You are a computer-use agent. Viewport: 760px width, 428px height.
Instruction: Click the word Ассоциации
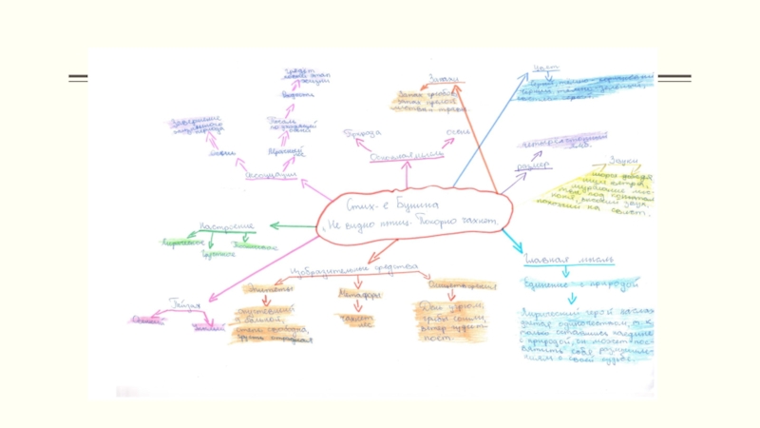pos(272,176)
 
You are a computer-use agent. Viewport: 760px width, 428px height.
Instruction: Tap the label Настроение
pos(226,226)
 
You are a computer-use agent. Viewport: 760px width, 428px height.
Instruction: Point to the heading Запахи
pos(445,79)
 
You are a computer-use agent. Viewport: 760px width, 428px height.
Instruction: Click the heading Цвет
pos(545,68)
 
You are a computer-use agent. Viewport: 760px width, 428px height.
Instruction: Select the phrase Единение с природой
pos(579,283)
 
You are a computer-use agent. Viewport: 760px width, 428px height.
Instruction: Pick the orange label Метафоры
pos(359,295)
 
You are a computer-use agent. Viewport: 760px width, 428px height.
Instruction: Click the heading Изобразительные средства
pos(355,269)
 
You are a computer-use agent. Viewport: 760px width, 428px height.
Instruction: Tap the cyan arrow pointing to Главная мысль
pos(513,241)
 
